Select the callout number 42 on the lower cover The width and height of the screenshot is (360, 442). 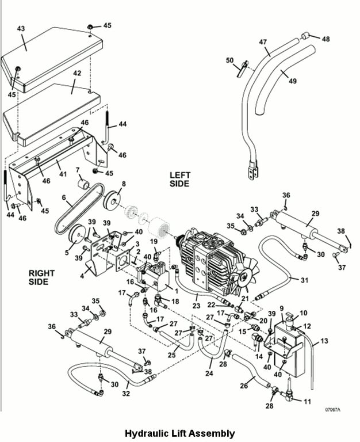(76, 74)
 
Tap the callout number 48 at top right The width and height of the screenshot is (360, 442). (326, 39)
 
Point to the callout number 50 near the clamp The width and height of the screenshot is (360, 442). (229, 60)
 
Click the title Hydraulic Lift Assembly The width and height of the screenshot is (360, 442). (180, 433)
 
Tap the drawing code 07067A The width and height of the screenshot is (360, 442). (332, 410)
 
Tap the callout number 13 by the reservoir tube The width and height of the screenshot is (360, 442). (324, 341)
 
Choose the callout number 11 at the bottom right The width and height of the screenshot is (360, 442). (307, 401)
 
